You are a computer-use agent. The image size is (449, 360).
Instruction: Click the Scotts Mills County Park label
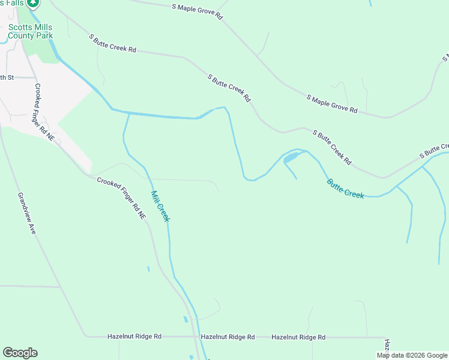coord(31,31)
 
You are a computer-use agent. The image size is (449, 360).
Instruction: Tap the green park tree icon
coord(34,2)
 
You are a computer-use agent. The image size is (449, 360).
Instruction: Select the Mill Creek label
coord(160,206)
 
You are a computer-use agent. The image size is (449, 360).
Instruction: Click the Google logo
coord(20,353)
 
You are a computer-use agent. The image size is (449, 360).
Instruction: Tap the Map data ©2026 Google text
coord(412,355)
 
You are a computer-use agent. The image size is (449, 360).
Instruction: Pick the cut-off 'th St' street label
coord(7,77)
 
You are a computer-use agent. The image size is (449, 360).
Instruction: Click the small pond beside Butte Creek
coord(291,158)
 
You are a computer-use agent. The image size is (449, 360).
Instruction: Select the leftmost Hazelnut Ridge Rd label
coord(134,337)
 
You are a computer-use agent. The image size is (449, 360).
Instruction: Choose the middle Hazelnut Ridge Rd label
coord(228,337)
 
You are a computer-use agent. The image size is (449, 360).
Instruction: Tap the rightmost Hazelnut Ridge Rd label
coord(298,337)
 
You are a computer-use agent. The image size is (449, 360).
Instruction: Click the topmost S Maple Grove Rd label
coord(196,11)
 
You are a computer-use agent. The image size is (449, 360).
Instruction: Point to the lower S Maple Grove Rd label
coord(332,104)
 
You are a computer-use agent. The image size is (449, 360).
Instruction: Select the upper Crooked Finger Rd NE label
coord(44,112)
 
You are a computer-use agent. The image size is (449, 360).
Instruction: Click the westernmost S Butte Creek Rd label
coord(113,43)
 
